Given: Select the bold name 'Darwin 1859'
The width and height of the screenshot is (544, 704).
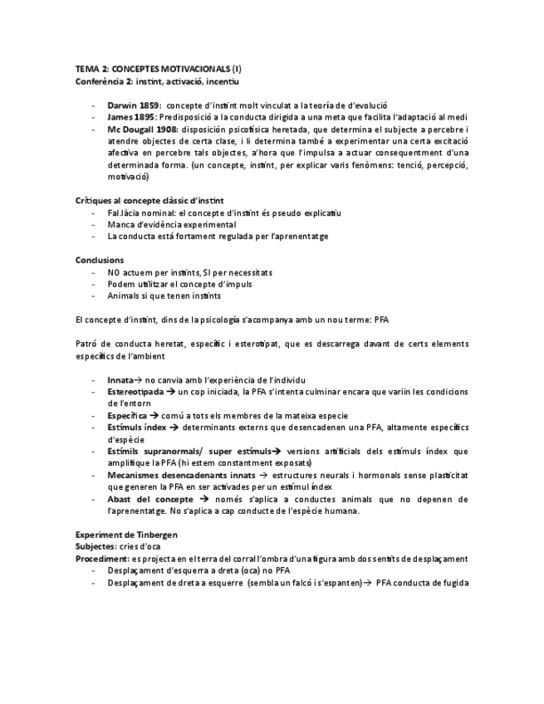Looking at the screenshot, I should (133, 105).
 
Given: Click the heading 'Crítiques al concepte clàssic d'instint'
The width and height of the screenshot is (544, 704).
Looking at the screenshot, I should (149, 201).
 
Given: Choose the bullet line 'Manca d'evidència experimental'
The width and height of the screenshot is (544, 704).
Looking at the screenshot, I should (171, 224).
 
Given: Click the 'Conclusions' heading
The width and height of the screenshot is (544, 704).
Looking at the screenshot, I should (100, 260).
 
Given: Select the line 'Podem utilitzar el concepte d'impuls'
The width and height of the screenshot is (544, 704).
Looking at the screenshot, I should (179, 284).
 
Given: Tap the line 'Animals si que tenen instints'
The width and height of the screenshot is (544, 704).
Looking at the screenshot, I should (164, 296).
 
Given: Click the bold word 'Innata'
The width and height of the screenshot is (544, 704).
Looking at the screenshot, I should (120, 379).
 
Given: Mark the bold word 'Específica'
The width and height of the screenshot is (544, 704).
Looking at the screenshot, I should (127, 415).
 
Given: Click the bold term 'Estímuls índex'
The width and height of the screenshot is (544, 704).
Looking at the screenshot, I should (137, 427).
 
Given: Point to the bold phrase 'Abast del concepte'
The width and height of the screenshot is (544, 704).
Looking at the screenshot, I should (150, 499).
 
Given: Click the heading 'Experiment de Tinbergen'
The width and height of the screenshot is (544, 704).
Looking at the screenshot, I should (125, 535).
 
